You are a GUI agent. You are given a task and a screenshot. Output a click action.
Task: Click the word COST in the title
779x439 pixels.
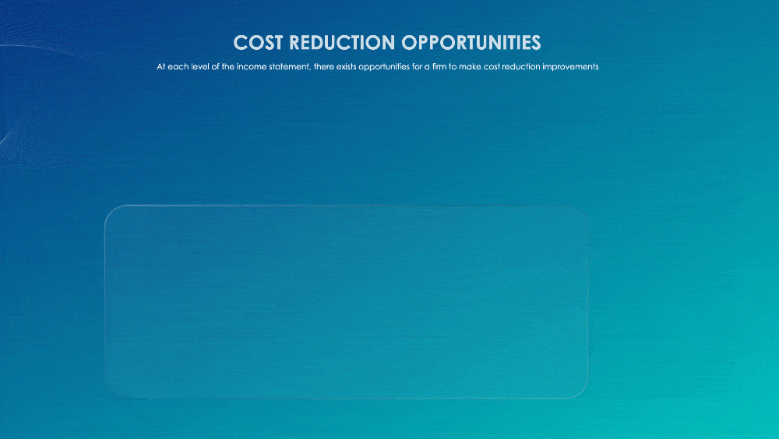pyautogui.click(x=256, y=41)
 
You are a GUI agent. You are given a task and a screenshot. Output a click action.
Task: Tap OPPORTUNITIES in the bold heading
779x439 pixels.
pyautogui.click(x=471, y=41)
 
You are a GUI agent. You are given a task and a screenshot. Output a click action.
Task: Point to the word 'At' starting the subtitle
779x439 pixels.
pyautogui.click(x=161, y=67)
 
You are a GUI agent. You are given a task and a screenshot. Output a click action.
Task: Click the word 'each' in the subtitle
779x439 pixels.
pyautogui.click(x=179, y=67)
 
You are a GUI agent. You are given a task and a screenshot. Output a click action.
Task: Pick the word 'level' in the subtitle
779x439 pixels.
pyautogui.click(x=201, y=67)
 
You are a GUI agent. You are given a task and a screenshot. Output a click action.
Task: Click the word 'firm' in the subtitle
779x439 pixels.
pyautogui.click(x=443, y=67)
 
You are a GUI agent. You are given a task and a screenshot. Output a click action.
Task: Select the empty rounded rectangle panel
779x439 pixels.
pyautogui.click(x=346, y=302)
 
